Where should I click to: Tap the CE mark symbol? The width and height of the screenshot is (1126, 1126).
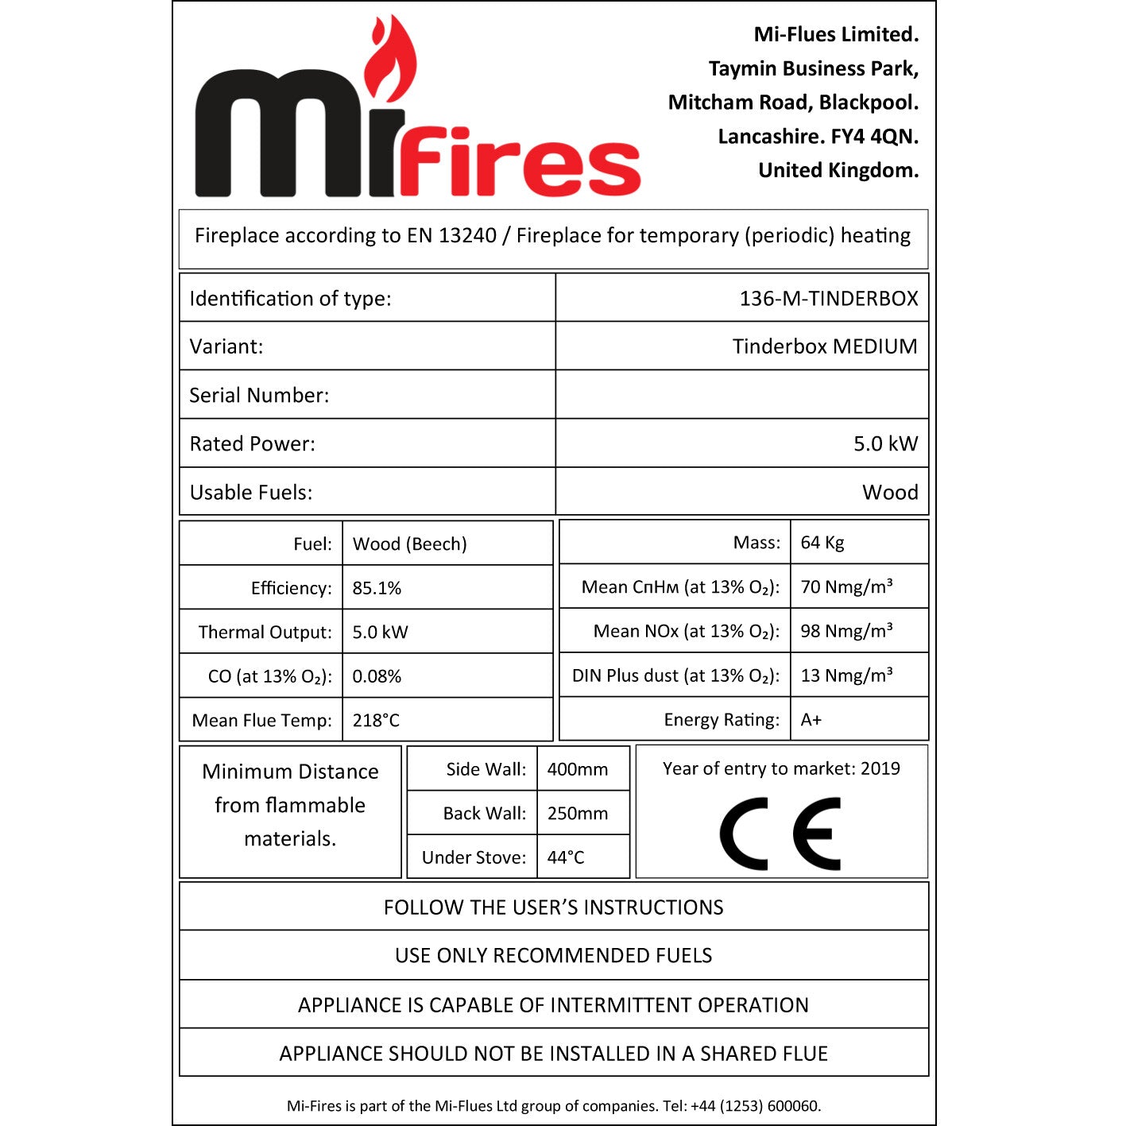[780, 834]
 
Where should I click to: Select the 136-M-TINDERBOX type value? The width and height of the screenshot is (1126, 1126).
[828, 298]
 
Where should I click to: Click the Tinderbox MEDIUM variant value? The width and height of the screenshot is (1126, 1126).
[824, 346]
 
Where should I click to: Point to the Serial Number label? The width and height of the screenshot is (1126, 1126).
[259, 395]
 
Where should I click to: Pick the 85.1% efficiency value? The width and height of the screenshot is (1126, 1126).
[377, 588]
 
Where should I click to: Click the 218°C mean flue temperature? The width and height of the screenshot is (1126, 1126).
[376, 720]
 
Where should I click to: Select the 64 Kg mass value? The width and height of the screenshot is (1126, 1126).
[822, 543]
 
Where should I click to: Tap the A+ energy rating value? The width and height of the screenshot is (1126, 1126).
[811, 720]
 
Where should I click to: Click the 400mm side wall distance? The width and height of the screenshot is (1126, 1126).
[577, 769]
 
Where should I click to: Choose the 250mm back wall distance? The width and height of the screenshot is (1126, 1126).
[577, 814]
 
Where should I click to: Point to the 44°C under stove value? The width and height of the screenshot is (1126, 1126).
[565, 857]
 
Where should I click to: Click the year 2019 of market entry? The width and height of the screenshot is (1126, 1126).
[880, 768]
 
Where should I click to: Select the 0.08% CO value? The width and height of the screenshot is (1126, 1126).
[377, 676]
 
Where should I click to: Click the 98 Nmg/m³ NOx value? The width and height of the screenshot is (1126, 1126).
[846, 631]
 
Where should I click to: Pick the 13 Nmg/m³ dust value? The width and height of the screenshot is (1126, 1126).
[846, 675]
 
